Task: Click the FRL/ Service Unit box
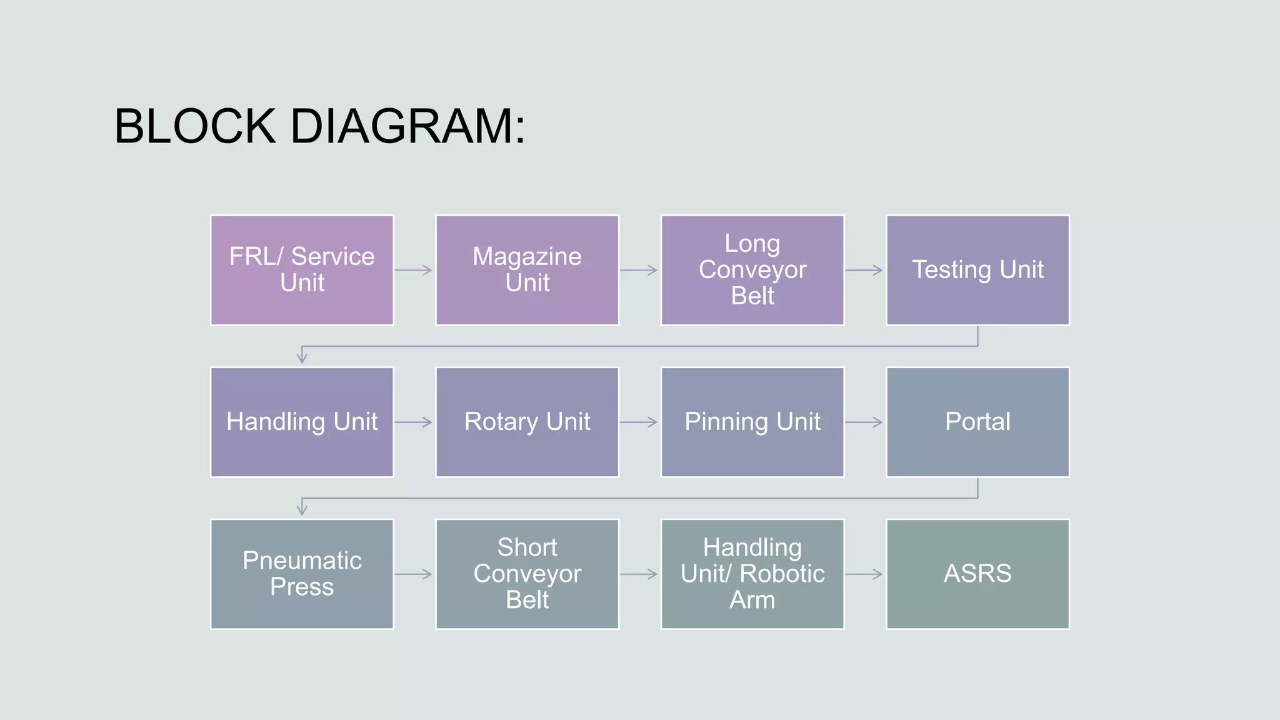tap(302, 270)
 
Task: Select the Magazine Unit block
tap(527, 270)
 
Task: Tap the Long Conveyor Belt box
tap(752, 270)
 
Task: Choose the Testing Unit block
tap(977, 270)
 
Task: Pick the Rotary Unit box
tap(527, 422)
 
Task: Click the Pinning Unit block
tap(752, 422)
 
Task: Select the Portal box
tap(977, 422)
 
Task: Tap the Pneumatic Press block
tap(302, 574)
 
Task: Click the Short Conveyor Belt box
tap(527, 574)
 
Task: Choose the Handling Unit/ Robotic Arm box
tap(752, 574)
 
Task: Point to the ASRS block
tap(977, 574)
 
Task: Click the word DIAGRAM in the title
tap(408, 126)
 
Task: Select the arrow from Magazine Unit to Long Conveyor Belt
tap(639, 270)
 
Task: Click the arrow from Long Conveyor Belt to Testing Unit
tap(864, 270)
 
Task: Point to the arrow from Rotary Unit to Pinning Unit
tap(639, 422)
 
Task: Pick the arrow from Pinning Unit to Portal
tap(864, 422)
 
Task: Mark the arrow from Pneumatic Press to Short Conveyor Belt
tap(413, 574)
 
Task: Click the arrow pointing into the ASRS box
tap(864, 574)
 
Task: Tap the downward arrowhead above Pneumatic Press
tap(302, 509)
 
